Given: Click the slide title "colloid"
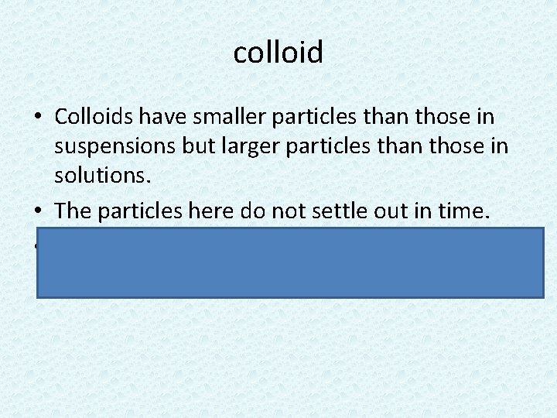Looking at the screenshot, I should tap(278, 53).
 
